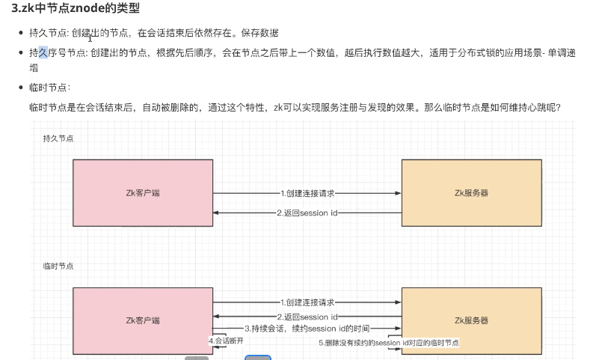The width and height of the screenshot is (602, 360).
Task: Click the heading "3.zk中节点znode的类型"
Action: [75, 9]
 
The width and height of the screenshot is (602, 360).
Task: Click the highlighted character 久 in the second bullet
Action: [43, 52]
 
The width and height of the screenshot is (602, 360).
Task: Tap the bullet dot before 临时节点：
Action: [21, 88]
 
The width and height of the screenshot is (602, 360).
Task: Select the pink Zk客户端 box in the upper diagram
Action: [142, 192]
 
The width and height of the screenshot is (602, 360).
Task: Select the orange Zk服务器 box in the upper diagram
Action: [471, 192]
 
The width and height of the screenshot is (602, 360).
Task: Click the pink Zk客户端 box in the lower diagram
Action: [142, 320]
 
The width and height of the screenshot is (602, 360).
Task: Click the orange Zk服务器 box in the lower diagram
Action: [471, 320]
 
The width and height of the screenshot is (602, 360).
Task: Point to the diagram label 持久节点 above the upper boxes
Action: [58, 138]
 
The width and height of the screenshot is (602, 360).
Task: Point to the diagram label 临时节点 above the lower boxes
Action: [58, 266]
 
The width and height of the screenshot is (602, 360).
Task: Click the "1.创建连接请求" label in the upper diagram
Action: [307, 192]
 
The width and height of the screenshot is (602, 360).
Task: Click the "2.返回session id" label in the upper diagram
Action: [307, 213]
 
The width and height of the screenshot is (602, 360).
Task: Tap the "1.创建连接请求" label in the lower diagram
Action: [307, 302]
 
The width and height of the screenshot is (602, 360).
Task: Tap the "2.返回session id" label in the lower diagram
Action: [307, 317]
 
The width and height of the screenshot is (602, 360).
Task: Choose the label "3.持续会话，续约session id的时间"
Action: [307, 329]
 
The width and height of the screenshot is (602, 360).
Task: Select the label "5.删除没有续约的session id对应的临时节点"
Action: [388, 342]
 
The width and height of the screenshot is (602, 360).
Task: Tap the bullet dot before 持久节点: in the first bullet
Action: [21, 34]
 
